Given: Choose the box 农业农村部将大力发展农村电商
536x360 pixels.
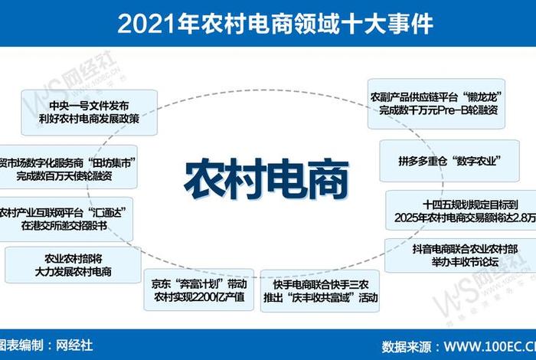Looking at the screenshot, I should click(x=67, y=265).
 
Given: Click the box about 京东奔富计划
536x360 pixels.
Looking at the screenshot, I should click(x=198, y=289).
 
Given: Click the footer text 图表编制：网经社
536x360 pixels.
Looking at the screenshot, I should click(x=46, y=345).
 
